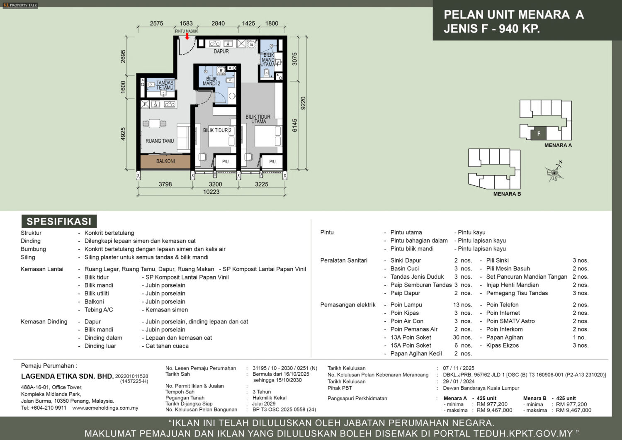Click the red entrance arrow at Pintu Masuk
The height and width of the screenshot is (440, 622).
click(x=187, y=36)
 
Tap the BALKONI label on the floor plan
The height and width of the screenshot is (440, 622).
click(x=165, y=161)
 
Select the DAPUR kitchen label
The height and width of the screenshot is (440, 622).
click(x=221, y=51)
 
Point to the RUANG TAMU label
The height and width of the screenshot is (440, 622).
click(x=160, y=141)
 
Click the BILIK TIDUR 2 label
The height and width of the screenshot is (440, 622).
click(x=217, y=130)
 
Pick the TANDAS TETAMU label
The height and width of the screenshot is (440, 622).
click(x=165, y=85)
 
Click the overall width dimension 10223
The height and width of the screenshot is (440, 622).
click(x=211, y=192)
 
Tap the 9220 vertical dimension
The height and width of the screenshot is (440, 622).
click(x=303, y=103)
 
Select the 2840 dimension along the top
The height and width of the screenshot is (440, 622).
click(x=218, y=23)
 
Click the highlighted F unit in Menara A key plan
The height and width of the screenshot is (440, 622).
click(x=538, y=134)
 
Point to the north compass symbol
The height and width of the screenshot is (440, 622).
click(x=554, y=172)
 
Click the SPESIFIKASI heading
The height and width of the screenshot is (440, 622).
click(x=59, y=221)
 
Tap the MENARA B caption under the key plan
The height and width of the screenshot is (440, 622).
click(x=507, y=194)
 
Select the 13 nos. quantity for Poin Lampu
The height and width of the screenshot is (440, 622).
click(x=463, y=305)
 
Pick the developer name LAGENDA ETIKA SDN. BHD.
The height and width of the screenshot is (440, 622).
click(x=68, y=377)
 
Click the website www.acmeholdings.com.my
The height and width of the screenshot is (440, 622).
click(x=105, y=408)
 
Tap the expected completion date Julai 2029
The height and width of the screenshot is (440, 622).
click(x=264, y=404)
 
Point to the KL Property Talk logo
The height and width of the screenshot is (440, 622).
click(x=20, y=5)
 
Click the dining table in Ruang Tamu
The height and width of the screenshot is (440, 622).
click(x=154, y=123)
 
